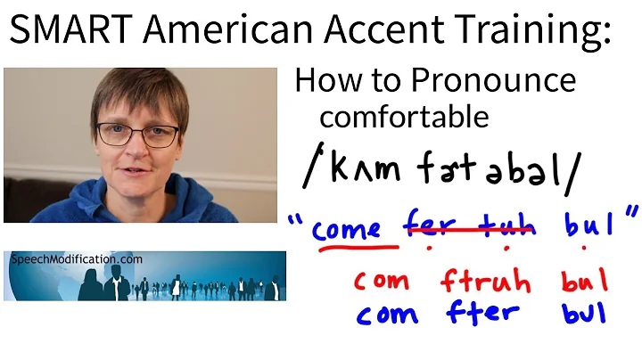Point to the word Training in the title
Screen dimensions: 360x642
coord(537,35)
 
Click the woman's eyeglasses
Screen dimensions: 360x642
coord(138,135)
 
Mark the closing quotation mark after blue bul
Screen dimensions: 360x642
coord(631,216)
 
